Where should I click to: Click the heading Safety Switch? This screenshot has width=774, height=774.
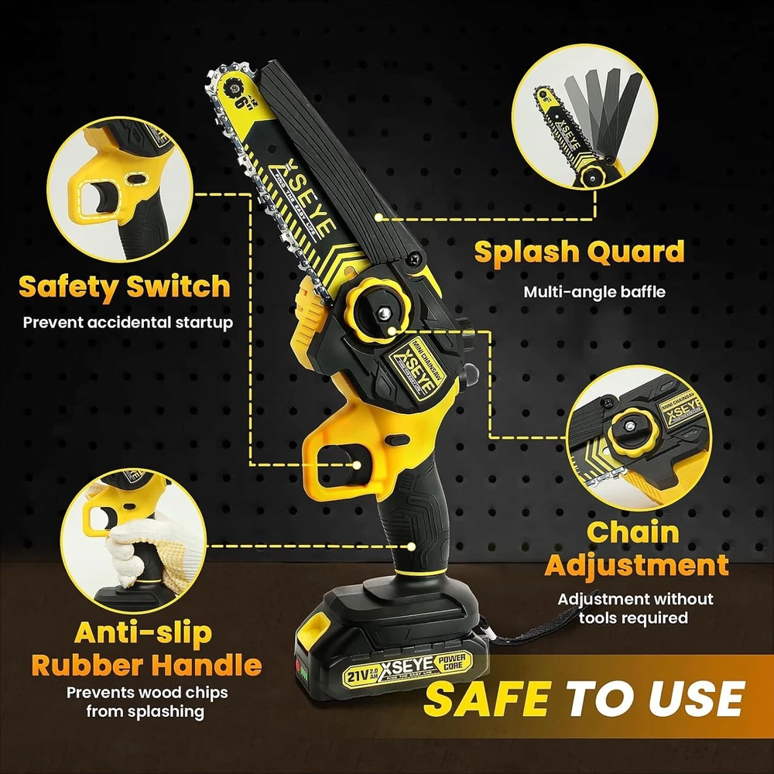coord(125,286)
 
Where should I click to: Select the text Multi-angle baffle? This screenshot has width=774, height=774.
coord(594,292)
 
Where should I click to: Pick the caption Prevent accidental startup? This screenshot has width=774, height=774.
coord(128,322)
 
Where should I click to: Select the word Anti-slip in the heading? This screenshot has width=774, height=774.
coord(143,633)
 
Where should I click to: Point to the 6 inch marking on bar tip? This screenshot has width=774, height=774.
coord(241,102)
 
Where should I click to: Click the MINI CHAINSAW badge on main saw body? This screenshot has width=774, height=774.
coord(416,366)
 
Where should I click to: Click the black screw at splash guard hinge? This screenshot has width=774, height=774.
coord(418,257)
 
